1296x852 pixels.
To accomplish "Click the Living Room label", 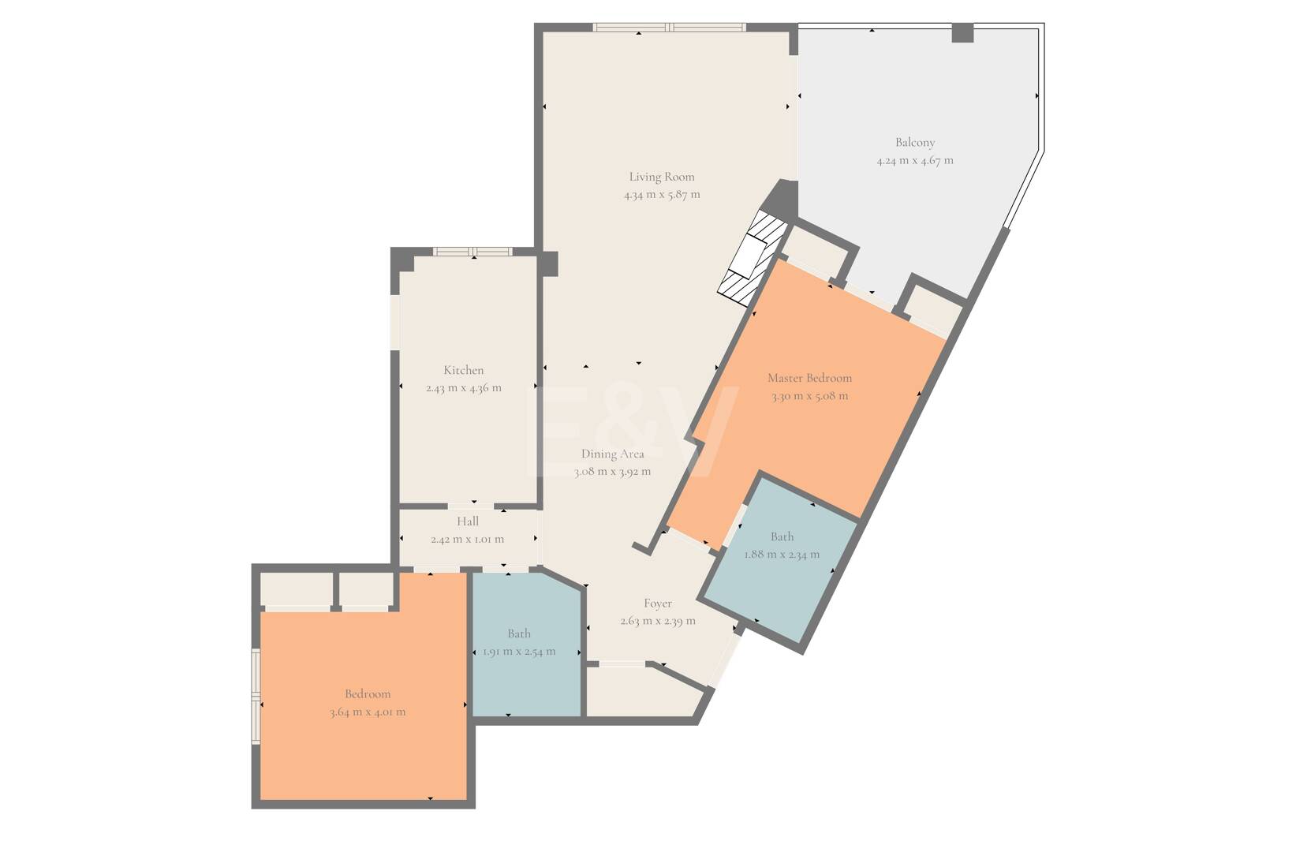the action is coord(661,177).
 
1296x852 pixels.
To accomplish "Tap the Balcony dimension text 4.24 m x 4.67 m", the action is coord(915,160).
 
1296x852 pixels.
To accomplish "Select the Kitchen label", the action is coord(464,370).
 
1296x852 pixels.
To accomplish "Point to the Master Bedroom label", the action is coord(809,378).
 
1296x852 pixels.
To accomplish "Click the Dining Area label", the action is coord(612,454).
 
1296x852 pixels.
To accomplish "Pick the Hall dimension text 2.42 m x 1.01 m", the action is coord(468,540).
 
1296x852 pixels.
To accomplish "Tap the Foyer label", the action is coord(658,603).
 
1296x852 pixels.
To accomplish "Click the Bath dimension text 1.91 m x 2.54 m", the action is coord(519,652).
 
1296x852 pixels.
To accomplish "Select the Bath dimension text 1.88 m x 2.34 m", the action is coord(782,555).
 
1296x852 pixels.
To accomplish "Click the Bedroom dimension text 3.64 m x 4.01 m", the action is coord(368,712).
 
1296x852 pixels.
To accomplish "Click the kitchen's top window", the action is coord(472,251).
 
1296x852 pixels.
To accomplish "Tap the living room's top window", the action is coord(670,27).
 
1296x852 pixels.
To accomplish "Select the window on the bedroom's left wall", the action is coord(255,696).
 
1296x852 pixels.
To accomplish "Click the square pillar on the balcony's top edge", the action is coord(963,32).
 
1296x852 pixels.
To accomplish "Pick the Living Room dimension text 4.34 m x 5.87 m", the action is coord(662,195).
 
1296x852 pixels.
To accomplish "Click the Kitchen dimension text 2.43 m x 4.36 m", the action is coord(464,388).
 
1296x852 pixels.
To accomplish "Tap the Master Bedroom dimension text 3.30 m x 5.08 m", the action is coord(809,397).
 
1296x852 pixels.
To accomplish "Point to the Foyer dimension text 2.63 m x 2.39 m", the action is coord(658,622).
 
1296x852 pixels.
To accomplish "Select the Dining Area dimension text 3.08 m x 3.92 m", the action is coord(612,472).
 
